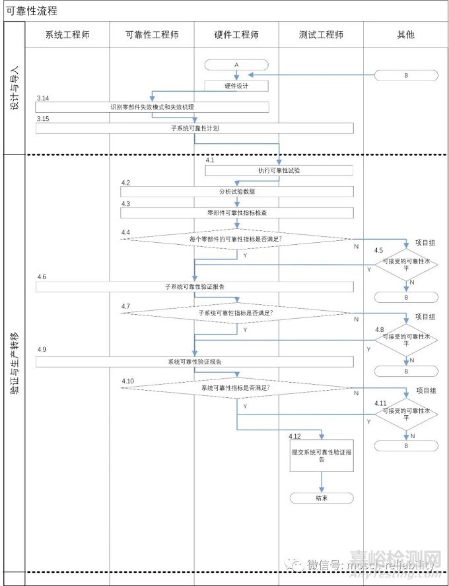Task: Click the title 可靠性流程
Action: (32, 11)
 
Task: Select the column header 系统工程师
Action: (67, 34)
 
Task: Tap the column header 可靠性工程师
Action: (151, 34)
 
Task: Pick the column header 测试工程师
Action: (321, 34)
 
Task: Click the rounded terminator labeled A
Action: (236, 65)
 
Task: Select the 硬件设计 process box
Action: (236, 86)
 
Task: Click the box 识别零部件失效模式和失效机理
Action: (152, 107)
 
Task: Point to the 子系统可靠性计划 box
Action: (194, 128)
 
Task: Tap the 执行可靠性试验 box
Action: (279, 170)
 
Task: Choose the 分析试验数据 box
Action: (236, 191)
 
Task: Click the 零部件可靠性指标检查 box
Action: (236, 212)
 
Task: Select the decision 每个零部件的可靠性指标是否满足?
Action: (236, 239)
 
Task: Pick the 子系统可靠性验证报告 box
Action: (194, 286)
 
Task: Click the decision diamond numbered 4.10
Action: (236, 388)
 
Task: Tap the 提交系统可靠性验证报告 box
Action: (322, 455)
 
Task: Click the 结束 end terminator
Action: (322, 498)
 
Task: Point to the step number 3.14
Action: (43, 98)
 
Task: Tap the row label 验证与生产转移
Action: (14, 363)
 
